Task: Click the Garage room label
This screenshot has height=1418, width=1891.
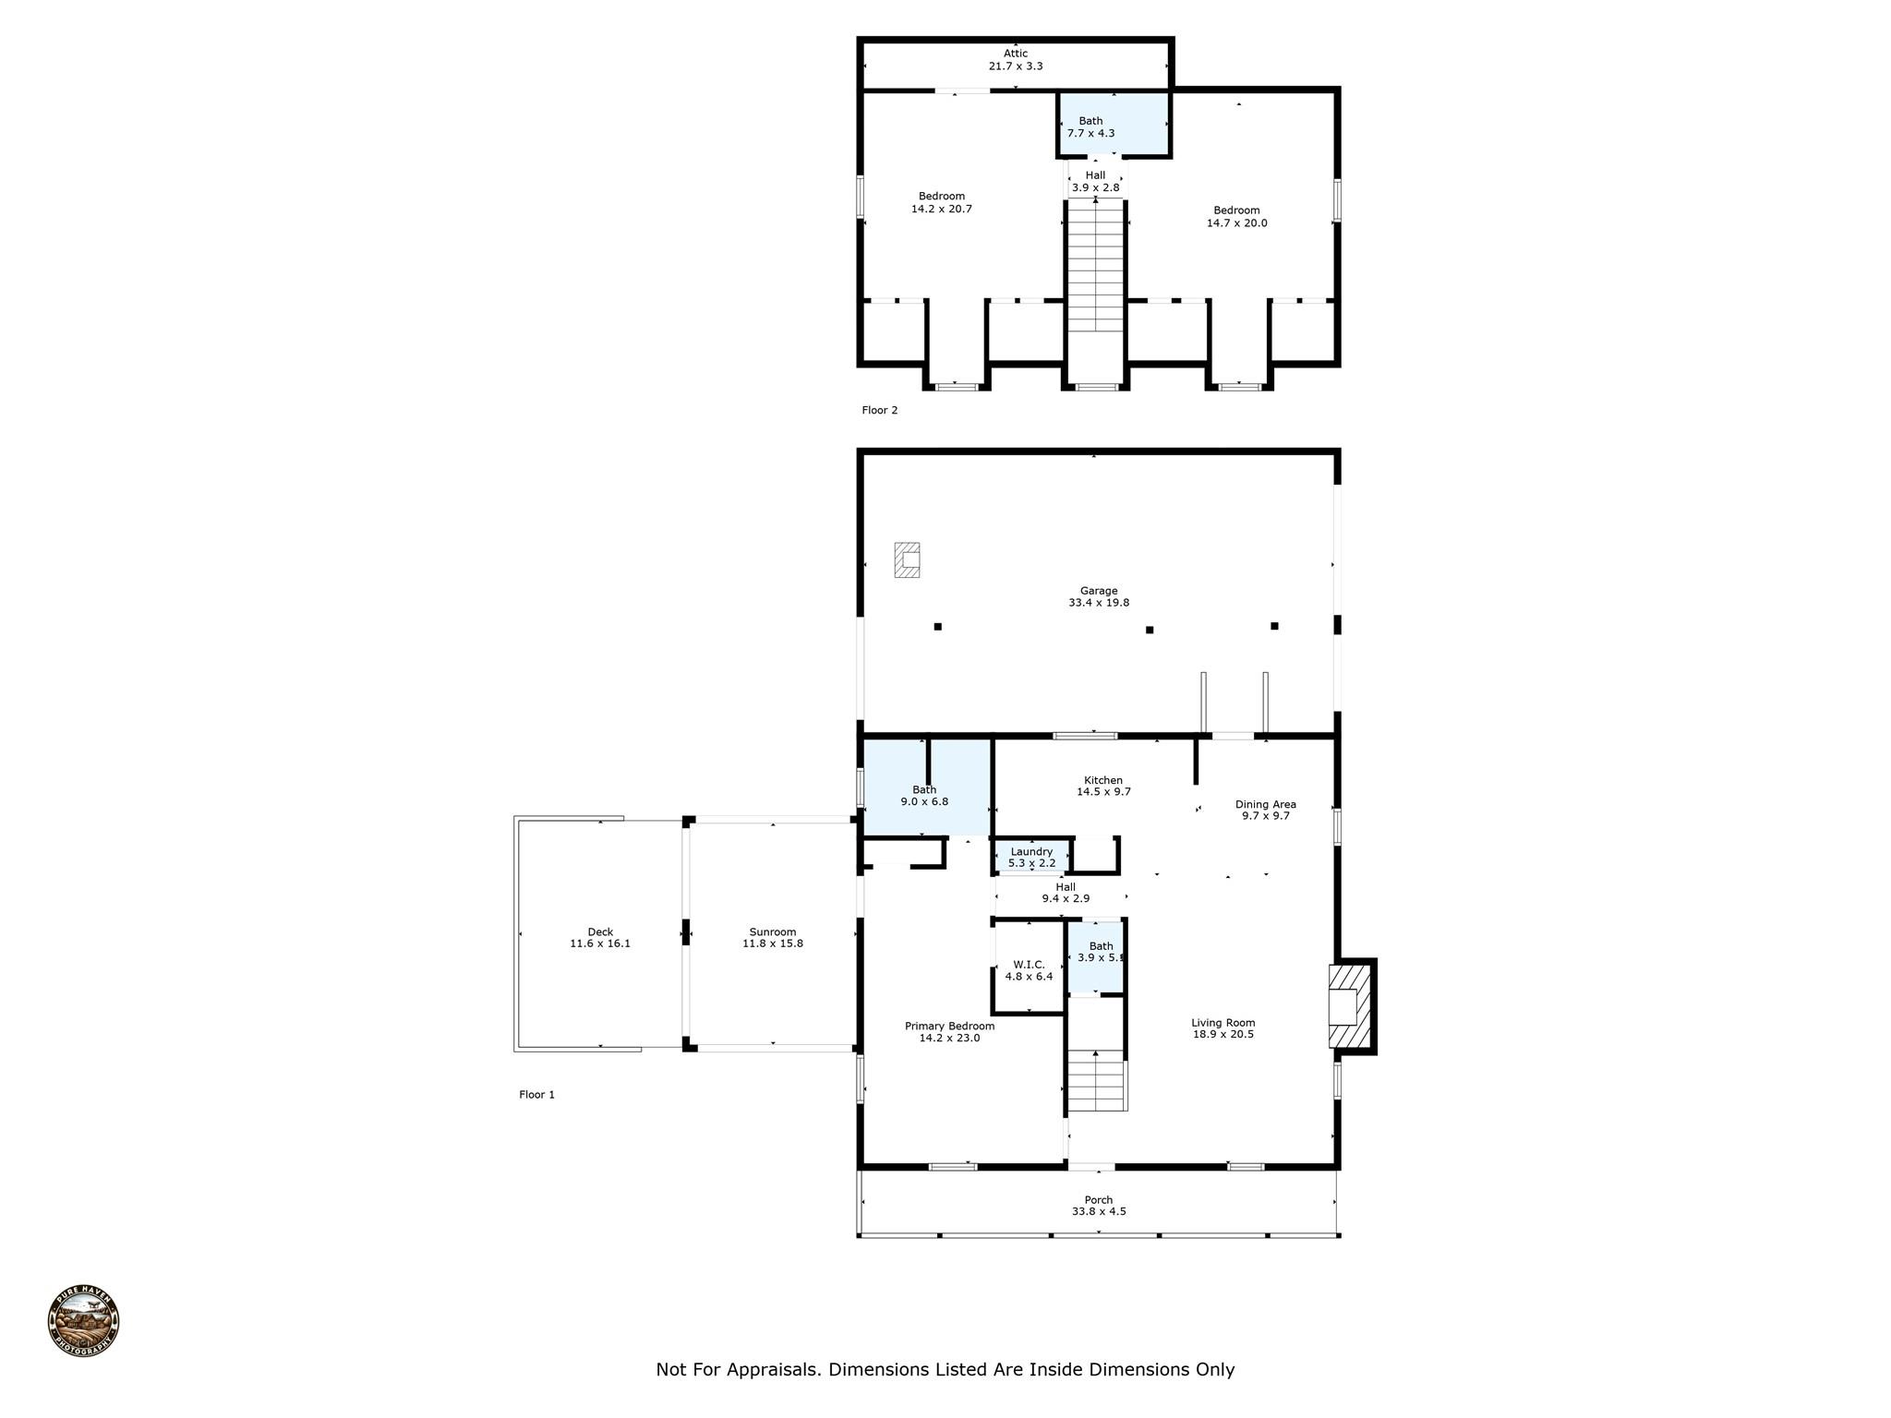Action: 1099,591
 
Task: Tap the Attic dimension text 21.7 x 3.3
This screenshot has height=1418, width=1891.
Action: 1016,66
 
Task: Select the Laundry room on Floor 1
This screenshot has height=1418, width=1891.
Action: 1031,857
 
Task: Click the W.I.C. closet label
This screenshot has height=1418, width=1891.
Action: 1029,965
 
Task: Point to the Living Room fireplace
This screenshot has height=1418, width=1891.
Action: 1351,1006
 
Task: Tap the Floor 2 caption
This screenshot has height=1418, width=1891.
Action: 879,410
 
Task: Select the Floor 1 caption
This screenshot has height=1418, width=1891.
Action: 536,1095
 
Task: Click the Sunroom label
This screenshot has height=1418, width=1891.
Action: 773,932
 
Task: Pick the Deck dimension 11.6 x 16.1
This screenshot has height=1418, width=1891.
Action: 600,943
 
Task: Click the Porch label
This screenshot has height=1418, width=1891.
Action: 1099,1200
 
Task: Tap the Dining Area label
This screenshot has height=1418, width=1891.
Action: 1265,804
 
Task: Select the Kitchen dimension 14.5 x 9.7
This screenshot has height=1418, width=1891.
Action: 1103,792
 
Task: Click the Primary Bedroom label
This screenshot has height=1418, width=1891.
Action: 949,1026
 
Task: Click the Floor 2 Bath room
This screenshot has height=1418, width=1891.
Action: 1114,124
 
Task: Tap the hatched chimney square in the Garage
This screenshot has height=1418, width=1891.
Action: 907,559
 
